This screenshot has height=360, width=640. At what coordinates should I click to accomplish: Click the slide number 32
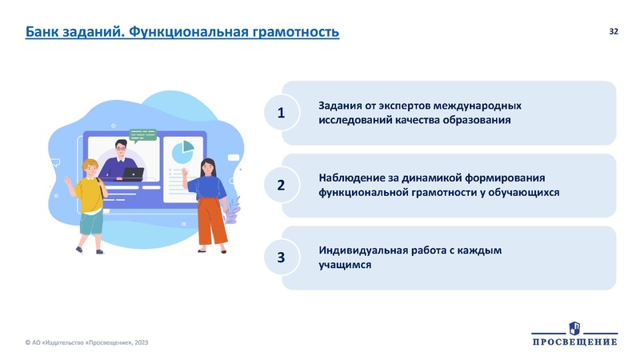coord(614,31)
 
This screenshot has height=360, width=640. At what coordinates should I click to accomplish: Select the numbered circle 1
coord(281,114)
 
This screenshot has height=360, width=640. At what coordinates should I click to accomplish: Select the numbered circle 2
coord(281,185)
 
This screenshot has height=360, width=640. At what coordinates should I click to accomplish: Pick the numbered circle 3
coord(281,257)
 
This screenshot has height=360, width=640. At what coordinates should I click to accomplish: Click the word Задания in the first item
coord(341,105)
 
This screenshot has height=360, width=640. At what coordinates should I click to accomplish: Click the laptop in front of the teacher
coord(132,173)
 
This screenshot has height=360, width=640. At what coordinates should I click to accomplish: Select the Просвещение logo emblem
coord(574,327)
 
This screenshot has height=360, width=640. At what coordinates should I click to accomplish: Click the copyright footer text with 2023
coord(87,342)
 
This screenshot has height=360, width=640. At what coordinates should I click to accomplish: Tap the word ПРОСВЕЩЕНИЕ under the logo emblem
coord(574,342)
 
